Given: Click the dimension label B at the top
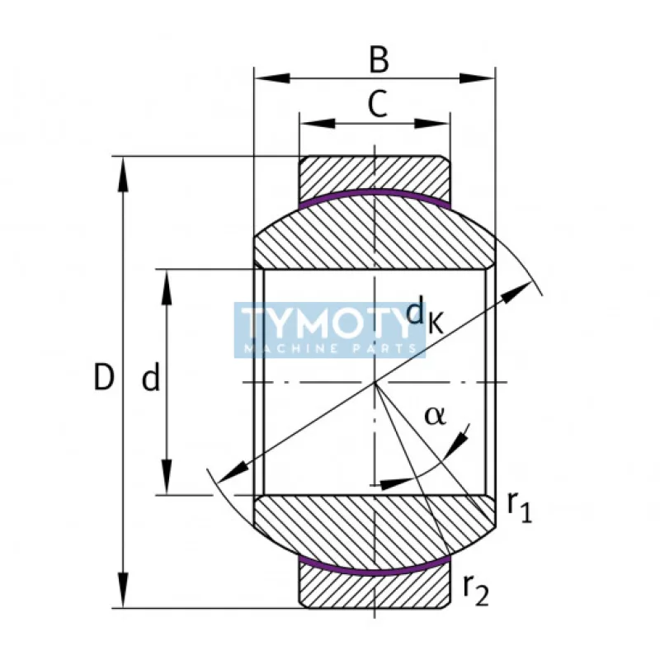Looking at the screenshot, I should pos(378,60).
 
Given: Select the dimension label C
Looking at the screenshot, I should pos(376,105).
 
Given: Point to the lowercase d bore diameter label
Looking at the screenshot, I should pos(150,379).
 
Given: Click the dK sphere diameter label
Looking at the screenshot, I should pos(426,315).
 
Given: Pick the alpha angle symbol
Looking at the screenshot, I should pos(435,415).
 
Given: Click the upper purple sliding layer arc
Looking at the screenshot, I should pos(375,194).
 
